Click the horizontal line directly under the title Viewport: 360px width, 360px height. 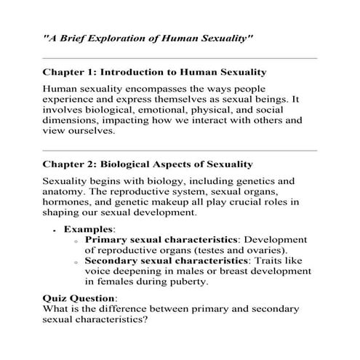[180, 57]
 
